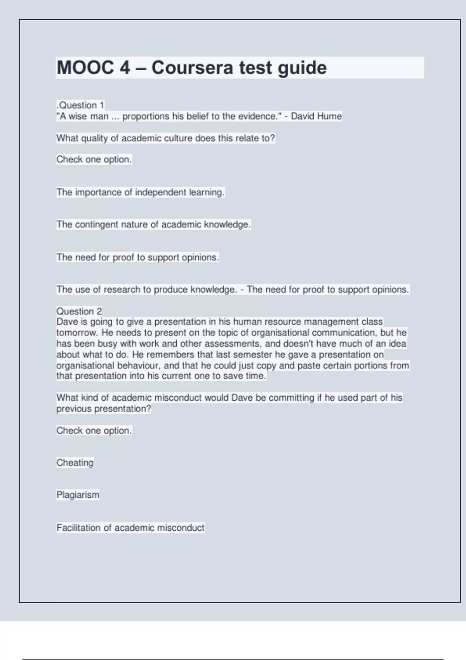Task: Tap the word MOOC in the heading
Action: coord(85,68)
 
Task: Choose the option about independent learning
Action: coord(140,192)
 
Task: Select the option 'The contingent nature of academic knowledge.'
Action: coord(153,224)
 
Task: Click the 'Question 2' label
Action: coord(79,311)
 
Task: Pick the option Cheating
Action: coord(75,463)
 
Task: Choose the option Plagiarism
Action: coord(78,495)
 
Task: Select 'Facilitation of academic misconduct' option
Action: coord(130,528)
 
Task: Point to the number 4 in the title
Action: coord(125,68)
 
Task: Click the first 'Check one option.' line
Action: coord(94,159)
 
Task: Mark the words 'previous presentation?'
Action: coord(104,409)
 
